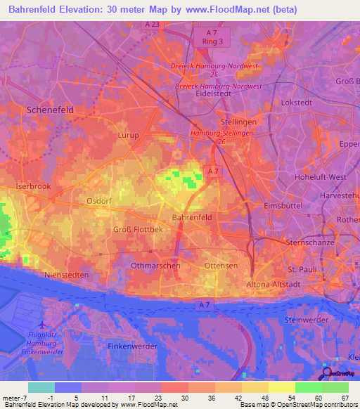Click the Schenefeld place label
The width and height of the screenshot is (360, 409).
point(50,110)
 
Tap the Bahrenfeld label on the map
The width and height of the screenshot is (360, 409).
point(192,218)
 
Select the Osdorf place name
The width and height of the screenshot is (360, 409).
point(99,201)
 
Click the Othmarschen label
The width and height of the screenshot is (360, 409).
point(156,266)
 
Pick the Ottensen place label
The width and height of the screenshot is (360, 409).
point(221,266)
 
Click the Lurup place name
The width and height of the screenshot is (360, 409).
point(129,135)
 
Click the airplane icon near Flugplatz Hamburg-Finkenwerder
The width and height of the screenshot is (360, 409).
point(43,325)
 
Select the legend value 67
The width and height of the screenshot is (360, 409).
point(344,397)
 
